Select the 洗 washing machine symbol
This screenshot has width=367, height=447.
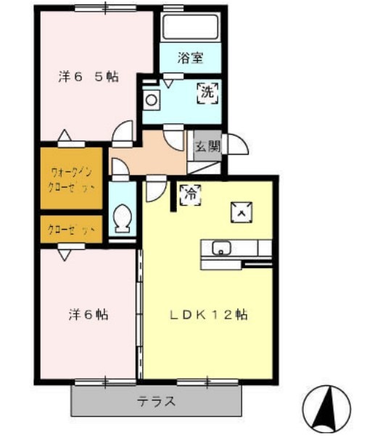(207, 93)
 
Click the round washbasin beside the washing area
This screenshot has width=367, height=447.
(151, 100)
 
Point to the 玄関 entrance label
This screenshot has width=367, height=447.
(205, 146)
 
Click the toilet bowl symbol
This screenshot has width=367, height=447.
(122, 218)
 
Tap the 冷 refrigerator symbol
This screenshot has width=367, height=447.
(191, 194)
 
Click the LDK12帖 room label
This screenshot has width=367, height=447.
(210, 315)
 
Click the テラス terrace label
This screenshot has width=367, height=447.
(157, 402)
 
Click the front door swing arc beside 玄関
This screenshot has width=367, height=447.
(237, 144)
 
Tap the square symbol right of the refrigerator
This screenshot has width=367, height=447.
(241, 211)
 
